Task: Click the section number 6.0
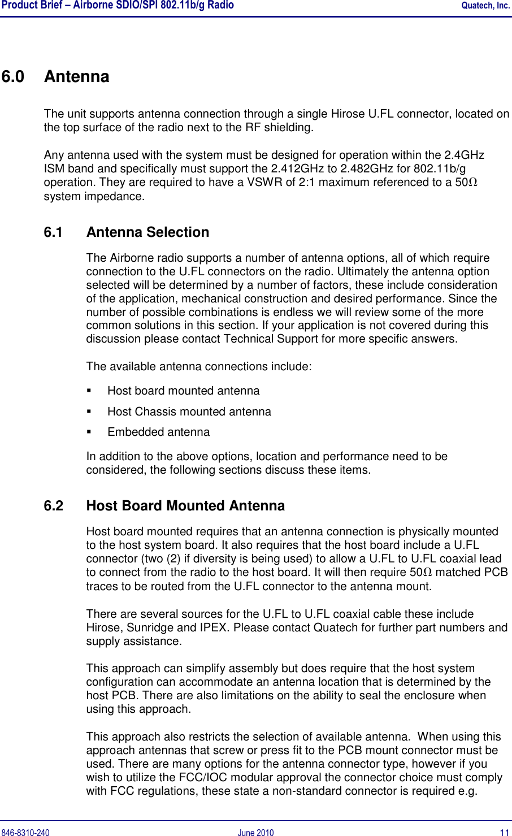pyautogui.click(x=13, y=76)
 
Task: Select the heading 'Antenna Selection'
pyautogui.click(x=147, y=232)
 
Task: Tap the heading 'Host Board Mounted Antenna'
pyautogui.click(x=185, y=506)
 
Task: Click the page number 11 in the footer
pyautogui.click(x=504, y=833)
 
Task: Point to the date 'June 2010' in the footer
pyautogui.click(x=255, y=833)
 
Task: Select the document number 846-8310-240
pyautogui.click(x=25, y=833)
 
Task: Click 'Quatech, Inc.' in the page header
pyautogui.click(x=485, y=6)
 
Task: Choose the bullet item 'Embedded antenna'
pyautogui.click(x=158, y=432)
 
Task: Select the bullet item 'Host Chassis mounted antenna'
pyautogui.click(x=189, y=411)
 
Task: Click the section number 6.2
pyautogui.click(x=54, y=506)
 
